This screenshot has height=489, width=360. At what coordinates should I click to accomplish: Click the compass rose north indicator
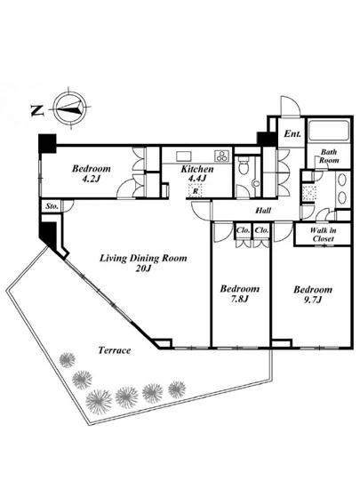71,108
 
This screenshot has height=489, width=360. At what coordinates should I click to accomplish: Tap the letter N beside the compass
37,110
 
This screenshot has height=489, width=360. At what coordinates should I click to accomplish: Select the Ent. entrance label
292,133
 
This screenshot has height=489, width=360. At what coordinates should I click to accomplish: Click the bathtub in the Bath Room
328,130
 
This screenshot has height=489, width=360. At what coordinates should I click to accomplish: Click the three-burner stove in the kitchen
222,156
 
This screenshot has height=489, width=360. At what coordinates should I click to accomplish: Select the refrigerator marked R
196,190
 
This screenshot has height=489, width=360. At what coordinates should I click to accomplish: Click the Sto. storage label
52,206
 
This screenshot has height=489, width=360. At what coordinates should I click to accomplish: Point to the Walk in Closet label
324,235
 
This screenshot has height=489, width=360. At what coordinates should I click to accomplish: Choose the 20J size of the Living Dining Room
143,269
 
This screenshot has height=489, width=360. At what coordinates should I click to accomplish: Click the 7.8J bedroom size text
239,299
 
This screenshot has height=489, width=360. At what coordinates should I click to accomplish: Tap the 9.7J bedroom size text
313,300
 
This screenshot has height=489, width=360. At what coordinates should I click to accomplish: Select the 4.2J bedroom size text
91,179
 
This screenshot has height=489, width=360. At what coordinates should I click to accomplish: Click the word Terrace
115,350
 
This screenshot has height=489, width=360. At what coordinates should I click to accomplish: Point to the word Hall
263,211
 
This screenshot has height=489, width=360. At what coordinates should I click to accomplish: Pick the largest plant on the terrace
99,402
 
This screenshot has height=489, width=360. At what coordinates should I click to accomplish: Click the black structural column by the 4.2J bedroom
47,143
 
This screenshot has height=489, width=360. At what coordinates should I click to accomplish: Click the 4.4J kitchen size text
197,179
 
